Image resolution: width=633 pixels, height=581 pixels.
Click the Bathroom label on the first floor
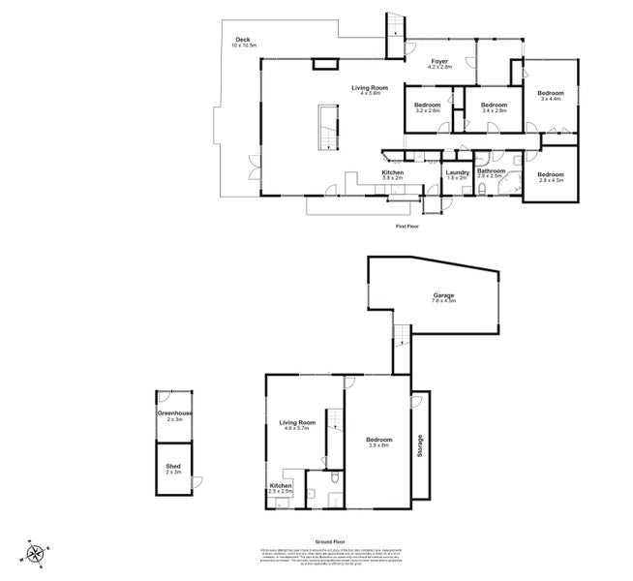coord(490,173)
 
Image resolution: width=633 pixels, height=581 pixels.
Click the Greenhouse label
coord(174,415)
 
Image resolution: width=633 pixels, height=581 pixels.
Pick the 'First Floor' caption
coord(407,227)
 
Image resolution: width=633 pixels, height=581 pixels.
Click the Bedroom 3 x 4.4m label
coord(551,95)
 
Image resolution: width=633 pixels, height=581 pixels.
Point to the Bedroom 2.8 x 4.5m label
coord(550,177)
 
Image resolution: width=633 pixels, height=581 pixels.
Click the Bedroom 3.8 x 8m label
coord(378,443)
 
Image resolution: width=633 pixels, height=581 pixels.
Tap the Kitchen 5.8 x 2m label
coord(392,175)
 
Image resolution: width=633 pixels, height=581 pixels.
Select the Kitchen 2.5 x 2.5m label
coord(281,489)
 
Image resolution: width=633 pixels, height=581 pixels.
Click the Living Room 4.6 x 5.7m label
coord(297,425)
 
